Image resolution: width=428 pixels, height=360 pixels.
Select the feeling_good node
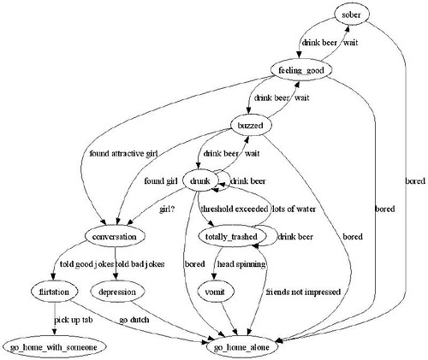[300, 70]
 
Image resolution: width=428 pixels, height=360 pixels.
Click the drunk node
[200, 180]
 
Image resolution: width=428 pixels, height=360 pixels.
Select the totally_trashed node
[234, 235]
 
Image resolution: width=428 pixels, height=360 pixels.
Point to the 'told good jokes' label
[84, 263]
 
